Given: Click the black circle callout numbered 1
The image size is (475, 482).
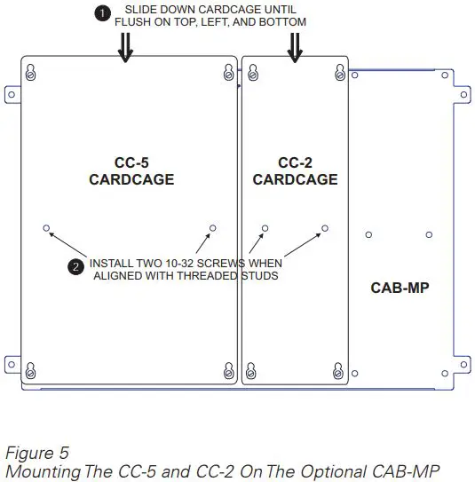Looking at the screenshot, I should (x=102, y=12).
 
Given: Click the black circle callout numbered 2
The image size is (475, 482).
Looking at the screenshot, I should (x=76, y=265).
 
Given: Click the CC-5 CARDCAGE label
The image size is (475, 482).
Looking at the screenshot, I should (x=131, y=171).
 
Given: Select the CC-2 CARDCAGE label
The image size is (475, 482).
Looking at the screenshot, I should (x=295, y=171).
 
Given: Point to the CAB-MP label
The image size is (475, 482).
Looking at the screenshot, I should (x=400, y=288).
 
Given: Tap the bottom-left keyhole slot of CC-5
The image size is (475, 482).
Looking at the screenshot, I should (x=31, y=367).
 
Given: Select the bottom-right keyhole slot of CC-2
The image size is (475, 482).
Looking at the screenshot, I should (x=338, y=367).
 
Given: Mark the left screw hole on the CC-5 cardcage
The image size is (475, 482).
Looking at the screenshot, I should (x=46, y=228).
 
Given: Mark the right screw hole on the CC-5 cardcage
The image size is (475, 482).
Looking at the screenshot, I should (x=212, y=228).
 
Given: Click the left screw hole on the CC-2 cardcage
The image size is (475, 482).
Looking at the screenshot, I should (x=264, y=228).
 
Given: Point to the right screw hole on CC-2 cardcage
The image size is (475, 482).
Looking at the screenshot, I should (x=325, y=228).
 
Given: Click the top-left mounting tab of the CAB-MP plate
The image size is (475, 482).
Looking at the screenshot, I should (x=12, y=92).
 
